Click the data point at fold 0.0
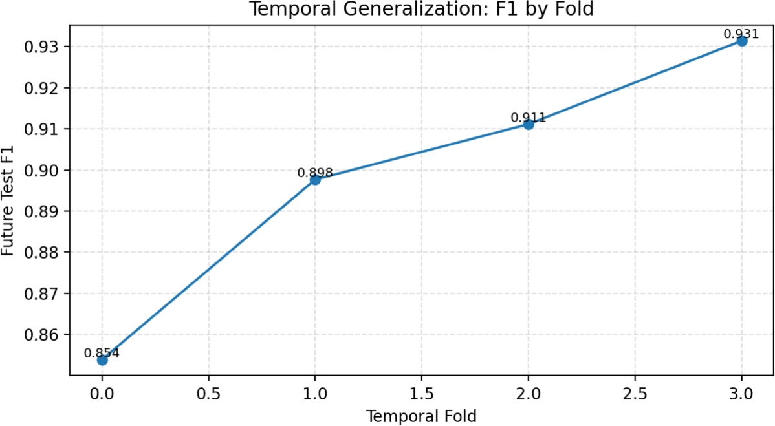(x=102, y=359)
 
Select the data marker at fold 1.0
(x=315, y=179)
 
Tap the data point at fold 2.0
(x=529, y=124)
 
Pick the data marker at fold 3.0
(x=742, y=41)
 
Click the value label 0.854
(x=102, y=353)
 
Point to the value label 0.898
(x=315, y=173)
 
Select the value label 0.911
(x=529, y=118)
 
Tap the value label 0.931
(x=741, y=34)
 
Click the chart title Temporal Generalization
(x=421, y=10)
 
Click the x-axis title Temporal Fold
(x=421, y=416)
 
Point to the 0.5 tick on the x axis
(x=208, y=392)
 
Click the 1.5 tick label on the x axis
(x=421, y=392)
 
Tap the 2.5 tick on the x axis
(x=635, y=392)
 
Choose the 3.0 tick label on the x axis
(x=741, y=392)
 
